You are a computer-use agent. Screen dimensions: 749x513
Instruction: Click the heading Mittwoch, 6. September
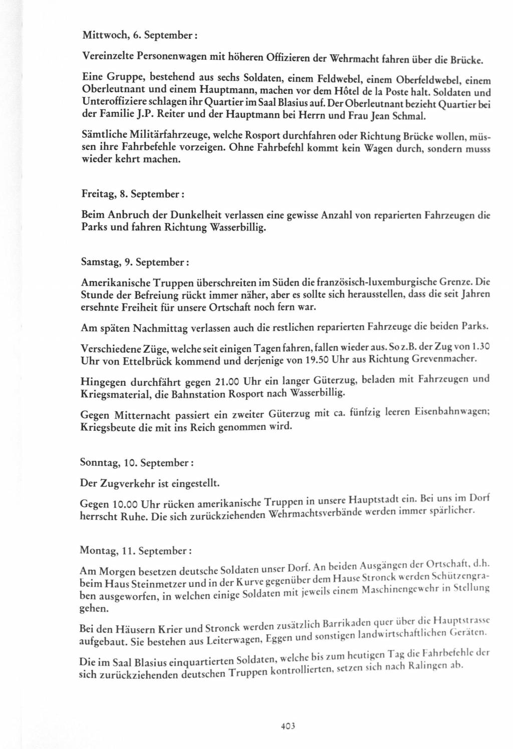coord(138,36)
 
